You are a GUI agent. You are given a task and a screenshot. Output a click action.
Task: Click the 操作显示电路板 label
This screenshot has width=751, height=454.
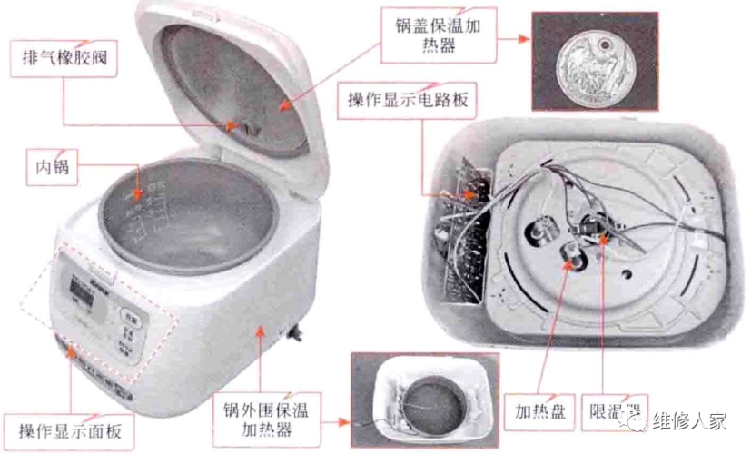407,99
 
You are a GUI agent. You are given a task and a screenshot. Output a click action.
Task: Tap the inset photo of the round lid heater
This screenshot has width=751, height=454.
595,61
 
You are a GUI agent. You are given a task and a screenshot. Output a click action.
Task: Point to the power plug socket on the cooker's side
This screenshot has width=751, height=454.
292,334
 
